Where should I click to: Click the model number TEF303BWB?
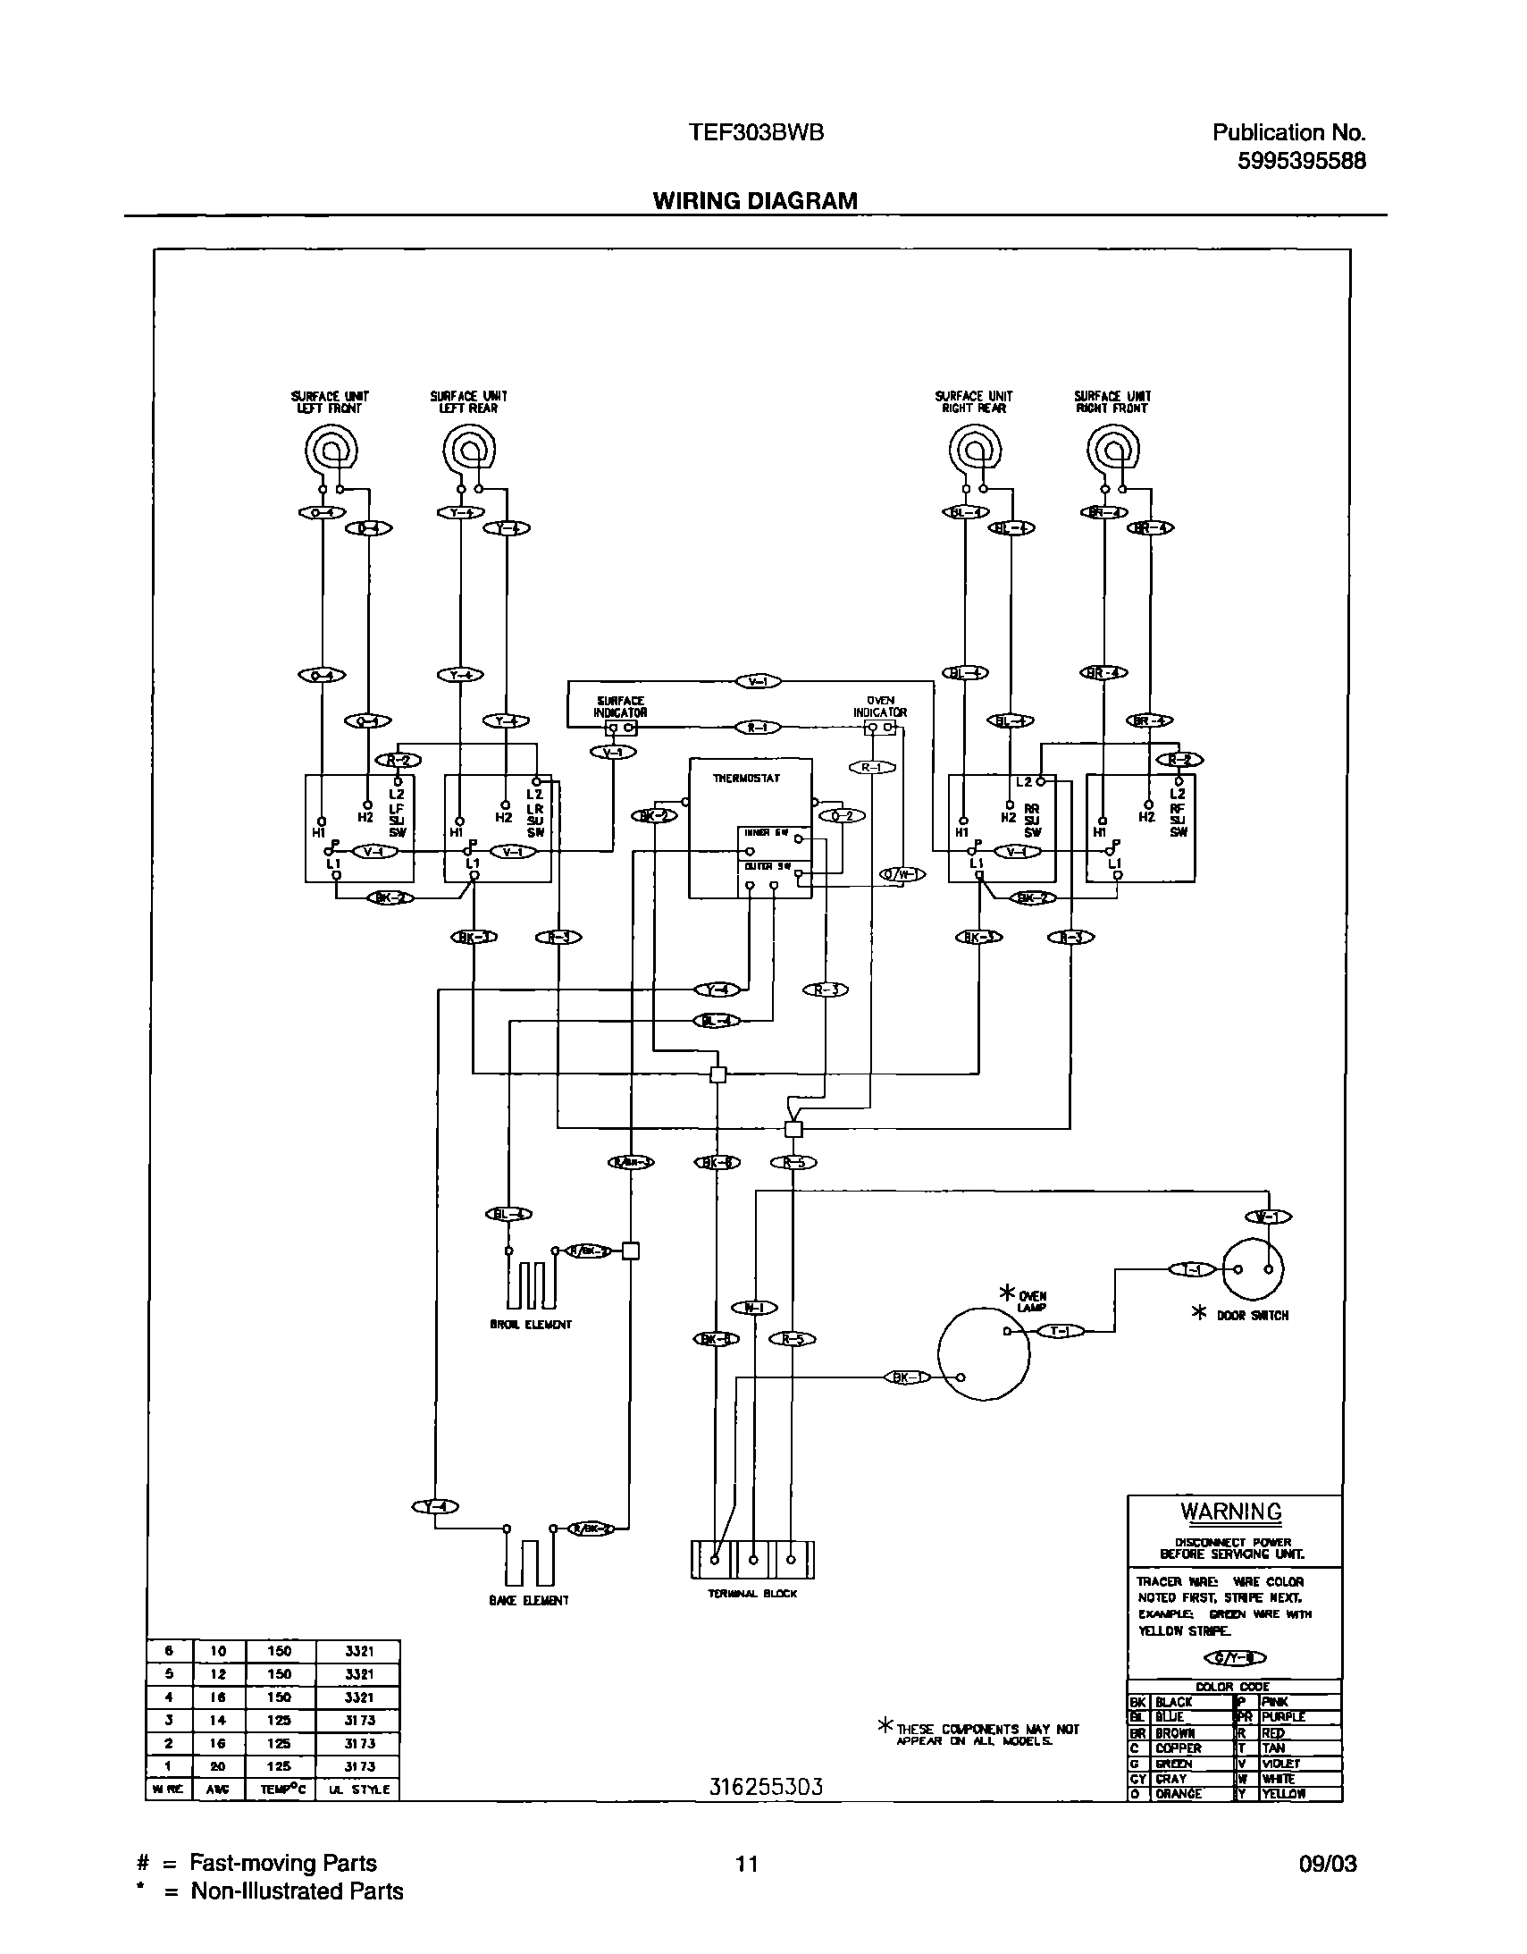tap(756, 132)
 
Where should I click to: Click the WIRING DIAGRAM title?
tap(755, 200)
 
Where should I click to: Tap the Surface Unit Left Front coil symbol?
tap(331, 450)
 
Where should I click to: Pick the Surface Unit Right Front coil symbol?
tap(1113, 450)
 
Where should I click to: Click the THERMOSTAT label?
tap(745, 779)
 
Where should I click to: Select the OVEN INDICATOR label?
tap(880, 708)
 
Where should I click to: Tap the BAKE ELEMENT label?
tap(528, 1600)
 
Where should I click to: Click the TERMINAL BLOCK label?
tap(752, 1594)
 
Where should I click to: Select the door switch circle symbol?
tap(1253, 1268)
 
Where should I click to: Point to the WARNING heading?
tap(1231, 1512)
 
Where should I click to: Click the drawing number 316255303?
tap(766, 1786)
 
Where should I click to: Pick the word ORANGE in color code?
tap(1179, 1793)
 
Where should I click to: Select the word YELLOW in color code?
tap(1284, 1793)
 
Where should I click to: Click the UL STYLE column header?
tap(357, 1790)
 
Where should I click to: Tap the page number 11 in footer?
tap(746, 1864)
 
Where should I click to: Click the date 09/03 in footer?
tap(1328, 1864)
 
